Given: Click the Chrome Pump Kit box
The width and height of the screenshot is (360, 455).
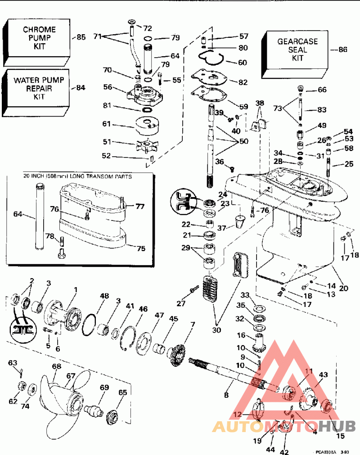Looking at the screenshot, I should (40, 38).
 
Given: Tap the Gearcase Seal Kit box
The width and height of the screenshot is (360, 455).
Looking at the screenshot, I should (297, 50).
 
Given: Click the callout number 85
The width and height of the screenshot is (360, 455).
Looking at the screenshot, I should (81, 37).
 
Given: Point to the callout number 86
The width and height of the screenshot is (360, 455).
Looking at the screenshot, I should (342, 50).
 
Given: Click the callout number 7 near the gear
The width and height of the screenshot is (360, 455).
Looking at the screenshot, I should (193, 324).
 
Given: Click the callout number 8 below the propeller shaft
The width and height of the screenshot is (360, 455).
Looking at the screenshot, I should (226, 395).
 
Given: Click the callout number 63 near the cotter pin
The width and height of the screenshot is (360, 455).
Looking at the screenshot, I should (12, 362).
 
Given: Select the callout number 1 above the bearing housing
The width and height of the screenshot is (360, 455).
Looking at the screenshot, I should (76, 289).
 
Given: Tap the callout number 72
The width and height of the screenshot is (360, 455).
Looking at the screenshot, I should (147, 28).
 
